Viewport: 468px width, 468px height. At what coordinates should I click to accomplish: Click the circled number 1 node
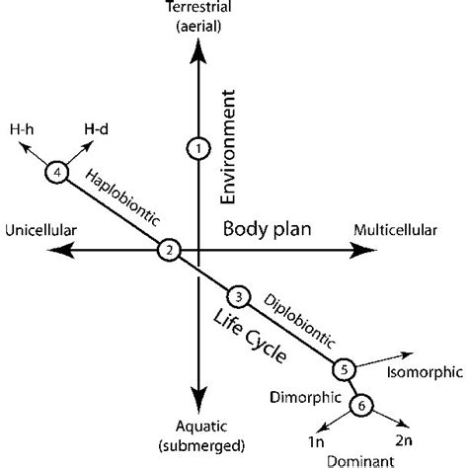pyautogui.click(x=198, y=148)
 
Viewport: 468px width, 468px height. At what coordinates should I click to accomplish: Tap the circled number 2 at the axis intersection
pyautogui.click(x=170, y=251)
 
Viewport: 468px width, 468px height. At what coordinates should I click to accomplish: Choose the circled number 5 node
pyautogui.click(x=343, y=369)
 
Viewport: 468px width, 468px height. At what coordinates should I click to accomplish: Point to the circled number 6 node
pyautogui.click(x=361, y=403)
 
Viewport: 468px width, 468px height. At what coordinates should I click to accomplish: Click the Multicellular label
pyautogui.click(x=394, y=231)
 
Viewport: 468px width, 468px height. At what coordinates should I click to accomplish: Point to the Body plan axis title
pyautogui.click(x=267, y=229)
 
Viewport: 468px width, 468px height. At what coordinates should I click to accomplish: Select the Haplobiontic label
pyautogui.click(x=121, y=196)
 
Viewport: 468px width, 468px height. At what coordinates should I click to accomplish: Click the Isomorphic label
pyautogui.click(x=420, y=372)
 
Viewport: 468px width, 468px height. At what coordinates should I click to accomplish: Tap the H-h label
pyautogui.click(x=18, y=129)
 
